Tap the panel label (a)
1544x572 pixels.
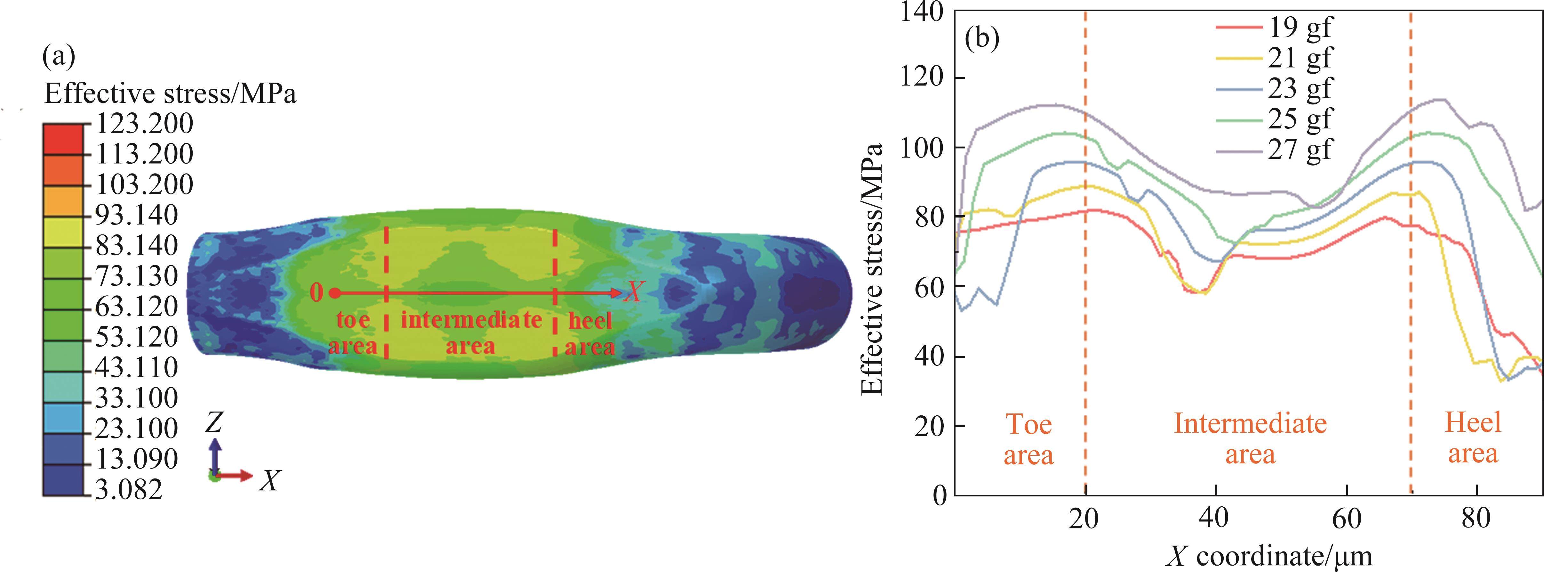[59, 58]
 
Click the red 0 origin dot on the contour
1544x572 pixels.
[335, 293]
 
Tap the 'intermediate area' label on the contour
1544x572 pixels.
[471, 333]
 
